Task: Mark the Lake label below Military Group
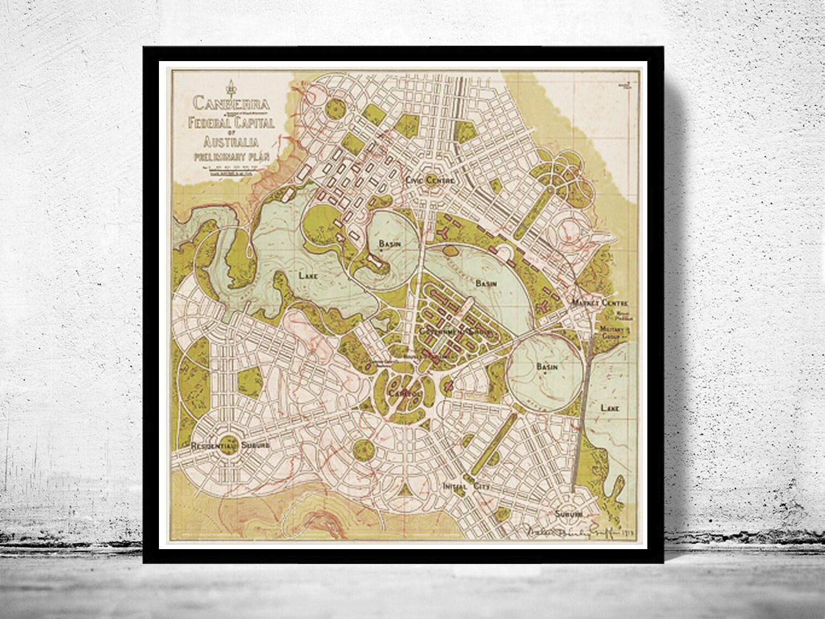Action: (x=610, y=408)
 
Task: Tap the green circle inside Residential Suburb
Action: (x=230, y=442)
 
